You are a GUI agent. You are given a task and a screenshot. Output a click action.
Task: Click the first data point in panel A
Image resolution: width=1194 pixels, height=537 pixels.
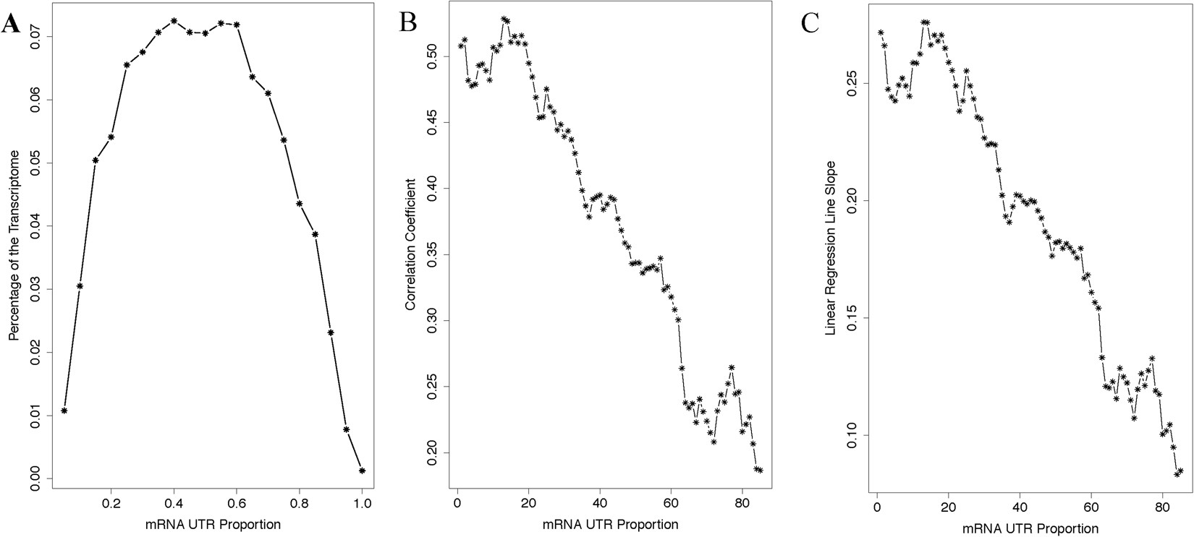pos(64,411)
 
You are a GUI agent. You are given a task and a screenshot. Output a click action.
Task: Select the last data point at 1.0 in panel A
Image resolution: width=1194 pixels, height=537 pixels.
pos(362,471)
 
